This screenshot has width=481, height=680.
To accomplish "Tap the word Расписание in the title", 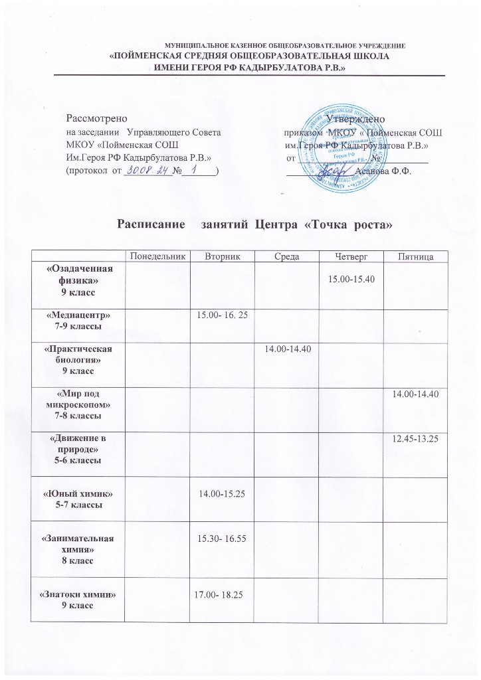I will pyautogui.click(x=151, y=225).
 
